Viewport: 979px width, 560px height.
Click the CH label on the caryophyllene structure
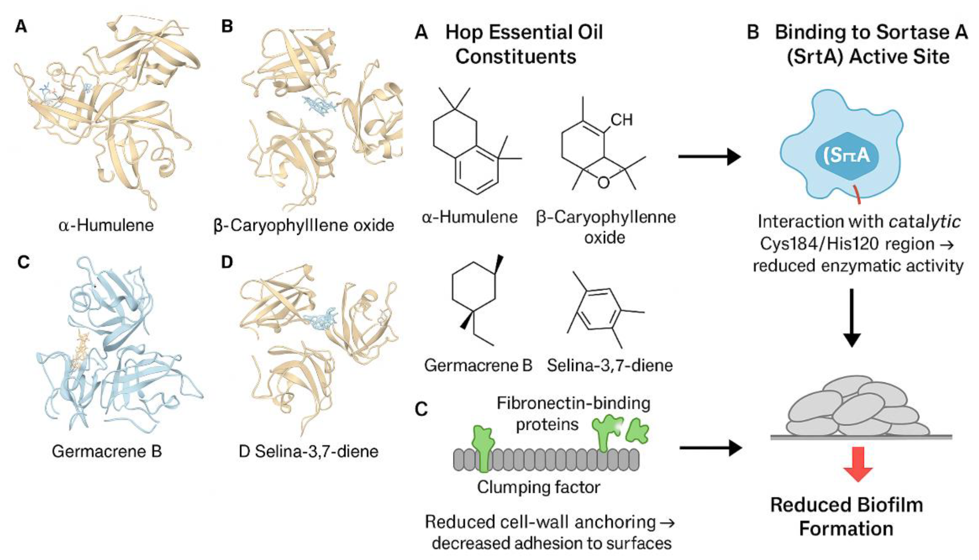pyautogui.click(x=621, y=120)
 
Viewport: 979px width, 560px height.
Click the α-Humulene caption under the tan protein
pyautogui.click(x=106, y=225)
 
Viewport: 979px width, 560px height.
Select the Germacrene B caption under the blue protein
pyautogui.click(x=107, y=451)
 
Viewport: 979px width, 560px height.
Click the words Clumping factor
pyautogui.click(x=539, y=487)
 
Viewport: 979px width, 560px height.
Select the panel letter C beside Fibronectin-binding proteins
pyautogui.click(x=422, y=409)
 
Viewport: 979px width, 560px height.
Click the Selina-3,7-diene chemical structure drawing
pyautogui.click(x=602, y=310)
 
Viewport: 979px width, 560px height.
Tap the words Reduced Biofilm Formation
pyautogui.click(x=846, y=517)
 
